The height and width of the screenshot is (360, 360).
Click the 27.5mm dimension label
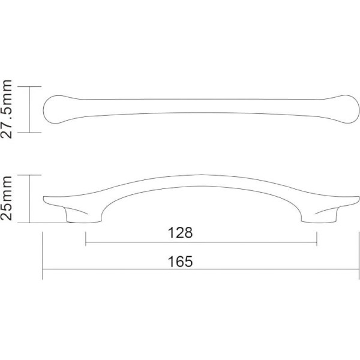(6, 109)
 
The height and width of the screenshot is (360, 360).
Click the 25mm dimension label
(6, 198)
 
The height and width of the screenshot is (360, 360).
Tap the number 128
(180, 233)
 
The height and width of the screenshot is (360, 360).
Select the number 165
(180, 262)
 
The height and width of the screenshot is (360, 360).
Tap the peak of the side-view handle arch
(202, 175)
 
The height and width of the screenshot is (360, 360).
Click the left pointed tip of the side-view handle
(44, 197)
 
